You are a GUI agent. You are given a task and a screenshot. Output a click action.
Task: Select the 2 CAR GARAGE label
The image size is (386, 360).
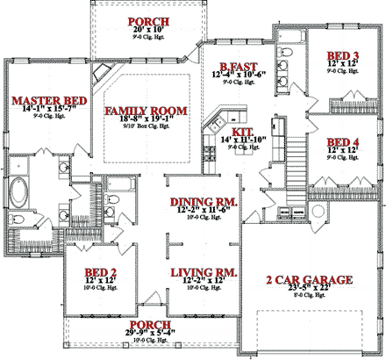(310, 280)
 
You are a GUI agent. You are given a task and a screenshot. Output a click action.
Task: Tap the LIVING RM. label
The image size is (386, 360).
(204, 273)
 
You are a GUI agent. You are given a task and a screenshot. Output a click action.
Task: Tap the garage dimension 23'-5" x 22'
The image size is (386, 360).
(310, 290)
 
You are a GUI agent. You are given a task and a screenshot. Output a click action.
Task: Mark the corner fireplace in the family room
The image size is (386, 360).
(104, 72)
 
